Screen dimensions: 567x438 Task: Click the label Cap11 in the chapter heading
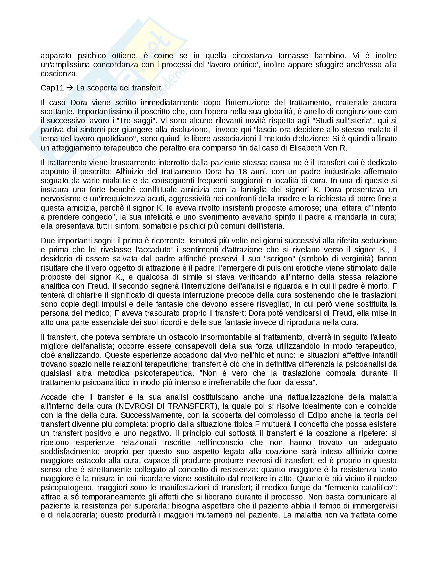[52, 88]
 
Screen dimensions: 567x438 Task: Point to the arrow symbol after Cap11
[70, 88]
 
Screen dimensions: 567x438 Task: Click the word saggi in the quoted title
[146, 121]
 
